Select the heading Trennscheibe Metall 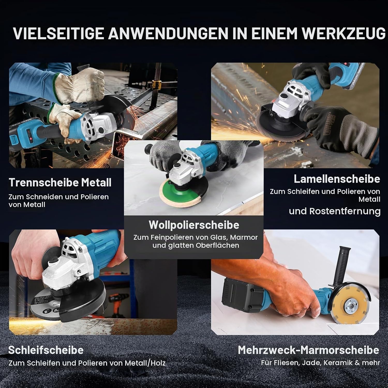pyautogui.click(x=60, y=182)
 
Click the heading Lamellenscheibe pyautogui.click(x=337, y=179)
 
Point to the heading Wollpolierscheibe pyautogui.click(x=194, y=225)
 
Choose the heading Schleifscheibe pyautogui.click(x=46, y=350)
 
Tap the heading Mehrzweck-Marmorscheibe pyautogui.click(x=308, y=350)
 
